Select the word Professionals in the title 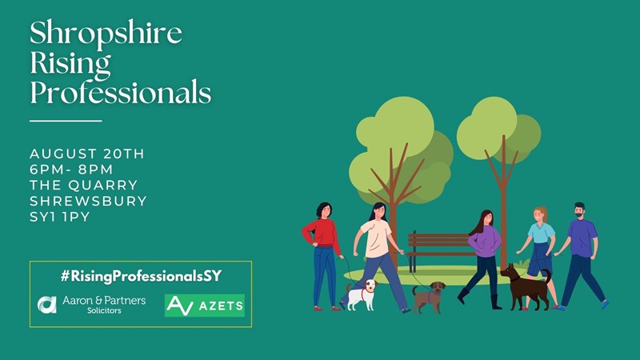121,93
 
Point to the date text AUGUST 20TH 87,154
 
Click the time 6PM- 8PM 71,170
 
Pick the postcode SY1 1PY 59,217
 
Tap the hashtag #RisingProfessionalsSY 141,276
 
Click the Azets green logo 205,306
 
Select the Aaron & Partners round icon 47,305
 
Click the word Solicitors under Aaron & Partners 104,310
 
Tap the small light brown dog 429,298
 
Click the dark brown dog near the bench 526,287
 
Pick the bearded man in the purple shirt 582,255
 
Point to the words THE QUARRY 84,186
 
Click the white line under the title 66,121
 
